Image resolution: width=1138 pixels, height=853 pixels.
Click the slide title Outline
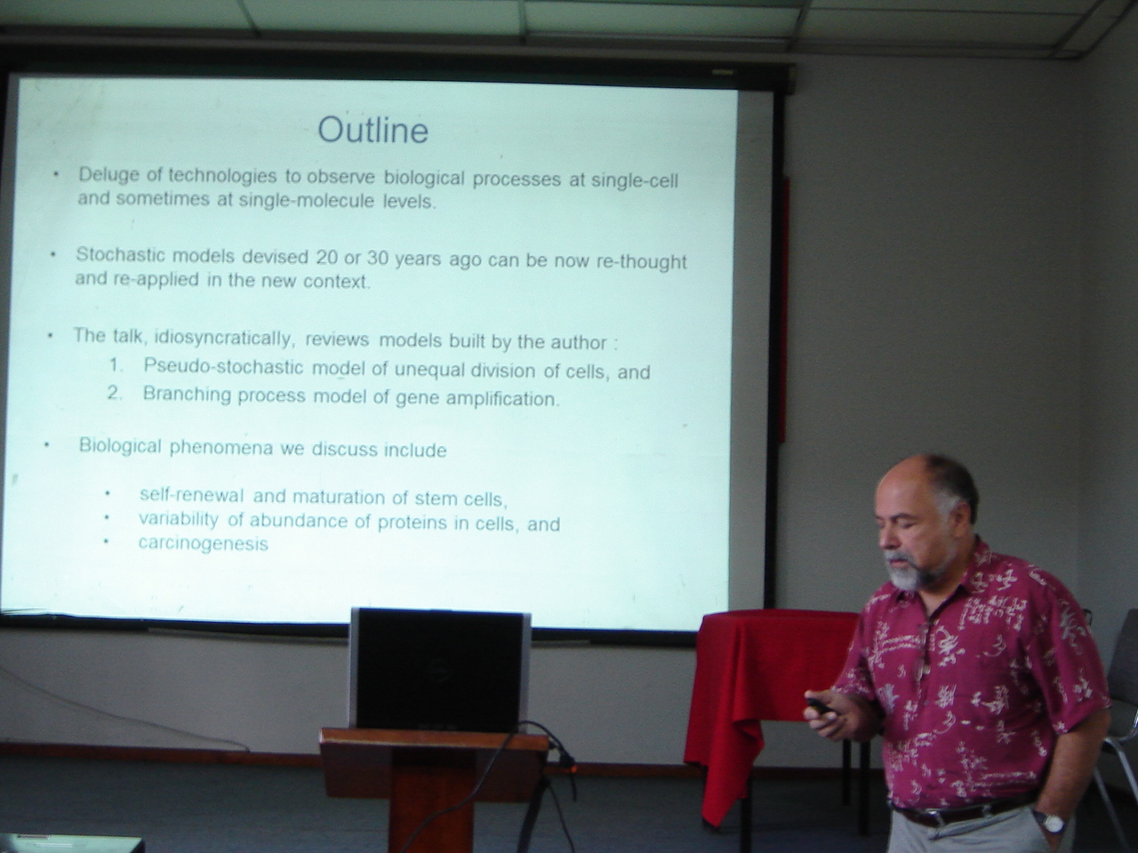(x=373, y=130)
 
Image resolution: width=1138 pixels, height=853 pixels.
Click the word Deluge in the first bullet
(x=108, y=175)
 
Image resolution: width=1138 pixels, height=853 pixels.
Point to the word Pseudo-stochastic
(x=223, y=366)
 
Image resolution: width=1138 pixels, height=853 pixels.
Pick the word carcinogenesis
(x=204, y=543)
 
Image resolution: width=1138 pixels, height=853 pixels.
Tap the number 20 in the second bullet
(x=327, y=258)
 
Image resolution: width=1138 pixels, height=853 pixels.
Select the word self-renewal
(x=191, y=495)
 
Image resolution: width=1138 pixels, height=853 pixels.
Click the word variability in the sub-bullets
(x=179, y=519)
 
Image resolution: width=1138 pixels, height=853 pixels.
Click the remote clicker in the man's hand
(x=817, y=705)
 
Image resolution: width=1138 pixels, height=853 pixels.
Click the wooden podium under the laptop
(x=433, y=790)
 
